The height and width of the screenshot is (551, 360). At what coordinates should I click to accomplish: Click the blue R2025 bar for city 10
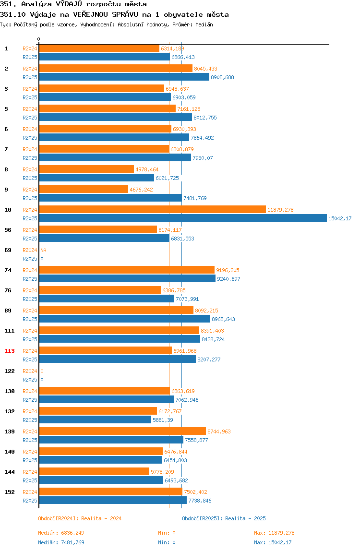(x=183, y=218)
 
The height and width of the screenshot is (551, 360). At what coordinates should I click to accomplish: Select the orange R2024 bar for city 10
(x=153, y=209)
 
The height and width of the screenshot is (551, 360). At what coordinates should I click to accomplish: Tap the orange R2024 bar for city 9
(x=84, y=190)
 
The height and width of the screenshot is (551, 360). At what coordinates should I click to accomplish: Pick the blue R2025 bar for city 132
(x=95, y=419)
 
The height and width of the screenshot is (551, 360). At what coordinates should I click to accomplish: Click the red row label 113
(x=10, y=351)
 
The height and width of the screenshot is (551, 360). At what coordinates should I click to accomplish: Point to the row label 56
(x=8, y=230)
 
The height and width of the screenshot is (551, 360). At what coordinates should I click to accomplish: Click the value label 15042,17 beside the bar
(x=340, y=218)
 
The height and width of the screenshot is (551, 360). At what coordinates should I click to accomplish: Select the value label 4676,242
(x=141, y=190)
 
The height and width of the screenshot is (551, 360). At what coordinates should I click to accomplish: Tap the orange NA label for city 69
(x=43, y=250)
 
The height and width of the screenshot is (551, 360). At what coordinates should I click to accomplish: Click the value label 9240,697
(x=228, y=279)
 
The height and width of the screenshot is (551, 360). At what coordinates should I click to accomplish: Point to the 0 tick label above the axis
(x=39, y=39)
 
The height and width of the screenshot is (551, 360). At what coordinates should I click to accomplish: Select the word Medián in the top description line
(x=204, y=24)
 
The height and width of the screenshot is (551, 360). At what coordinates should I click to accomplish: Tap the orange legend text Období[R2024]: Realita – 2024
(x=80, y=518)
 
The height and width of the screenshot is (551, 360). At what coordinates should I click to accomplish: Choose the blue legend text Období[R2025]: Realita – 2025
(x=224, y=518)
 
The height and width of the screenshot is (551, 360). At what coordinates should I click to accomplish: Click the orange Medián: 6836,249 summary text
(x=61, y=533)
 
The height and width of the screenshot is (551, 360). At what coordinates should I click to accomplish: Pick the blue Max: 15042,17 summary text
(x=273, y=542)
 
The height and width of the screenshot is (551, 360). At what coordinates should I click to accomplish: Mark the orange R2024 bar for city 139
(x=122, y=431)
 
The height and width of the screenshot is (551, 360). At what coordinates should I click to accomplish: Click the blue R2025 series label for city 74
(x=30, y=279)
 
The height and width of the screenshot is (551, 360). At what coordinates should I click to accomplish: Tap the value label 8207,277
(x=209, y=359)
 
